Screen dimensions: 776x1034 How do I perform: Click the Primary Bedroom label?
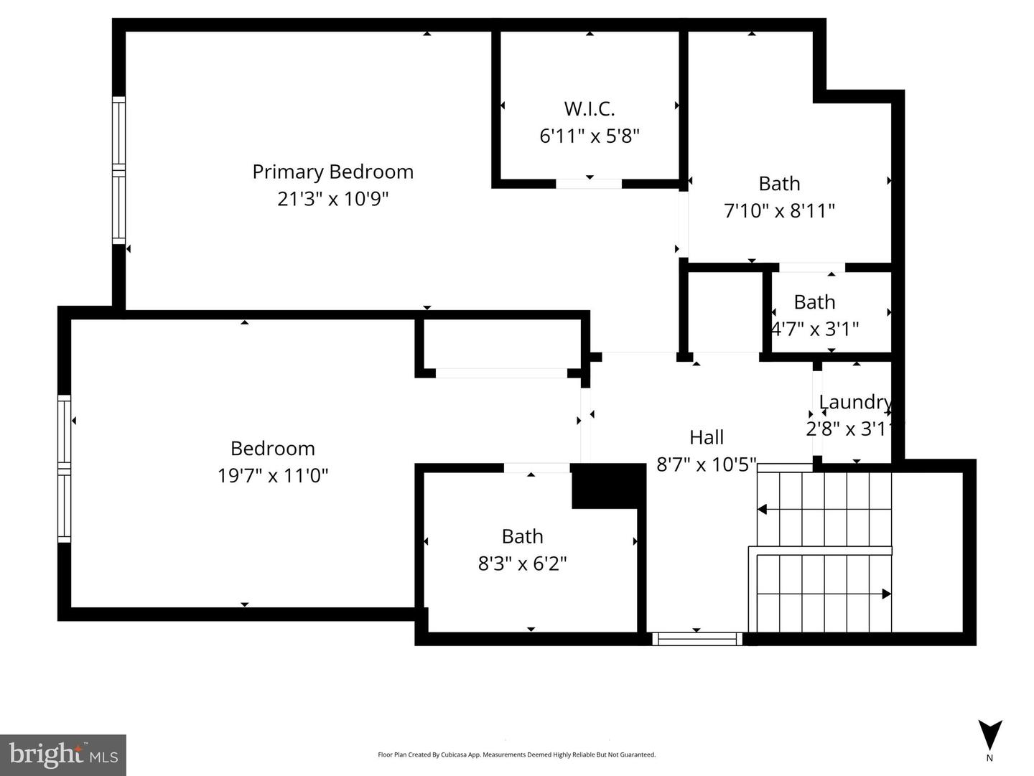[332, 172]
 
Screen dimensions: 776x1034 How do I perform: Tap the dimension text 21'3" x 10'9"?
[332, 199]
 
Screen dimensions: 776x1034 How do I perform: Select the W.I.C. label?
[589, 109]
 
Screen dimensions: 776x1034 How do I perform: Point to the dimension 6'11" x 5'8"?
[589, 136]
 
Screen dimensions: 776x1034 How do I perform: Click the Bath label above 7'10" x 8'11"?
[779, 184]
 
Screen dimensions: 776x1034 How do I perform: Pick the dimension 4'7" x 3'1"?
[815, 329]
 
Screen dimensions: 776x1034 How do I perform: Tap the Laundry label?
[854, 402]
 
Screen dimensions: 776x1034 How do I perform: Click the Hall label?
[707, 437]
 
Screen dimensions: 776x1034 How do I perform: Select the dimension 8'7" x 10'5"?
[707, 464]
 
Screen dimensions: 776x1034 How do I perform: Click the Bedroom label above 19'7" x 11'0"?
[273, 449]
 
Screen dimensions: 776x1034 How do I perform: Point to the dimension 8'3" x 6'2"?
[522, 564]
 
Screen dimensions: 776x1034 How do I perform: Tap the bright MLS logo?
[63, 754]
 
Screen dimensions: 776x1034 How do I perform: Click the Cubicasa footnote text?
[516, 754]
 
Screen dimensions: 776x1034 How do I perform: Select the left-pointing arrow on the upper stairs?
[763, 510]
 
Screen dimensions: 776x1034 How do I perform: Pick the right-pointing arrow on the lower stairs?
[886, 594]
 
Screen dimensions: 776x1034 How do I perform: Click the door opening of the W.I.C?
[589, 184]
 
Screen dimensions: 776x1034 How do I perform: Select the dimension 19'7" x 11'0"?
[273, 475]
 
